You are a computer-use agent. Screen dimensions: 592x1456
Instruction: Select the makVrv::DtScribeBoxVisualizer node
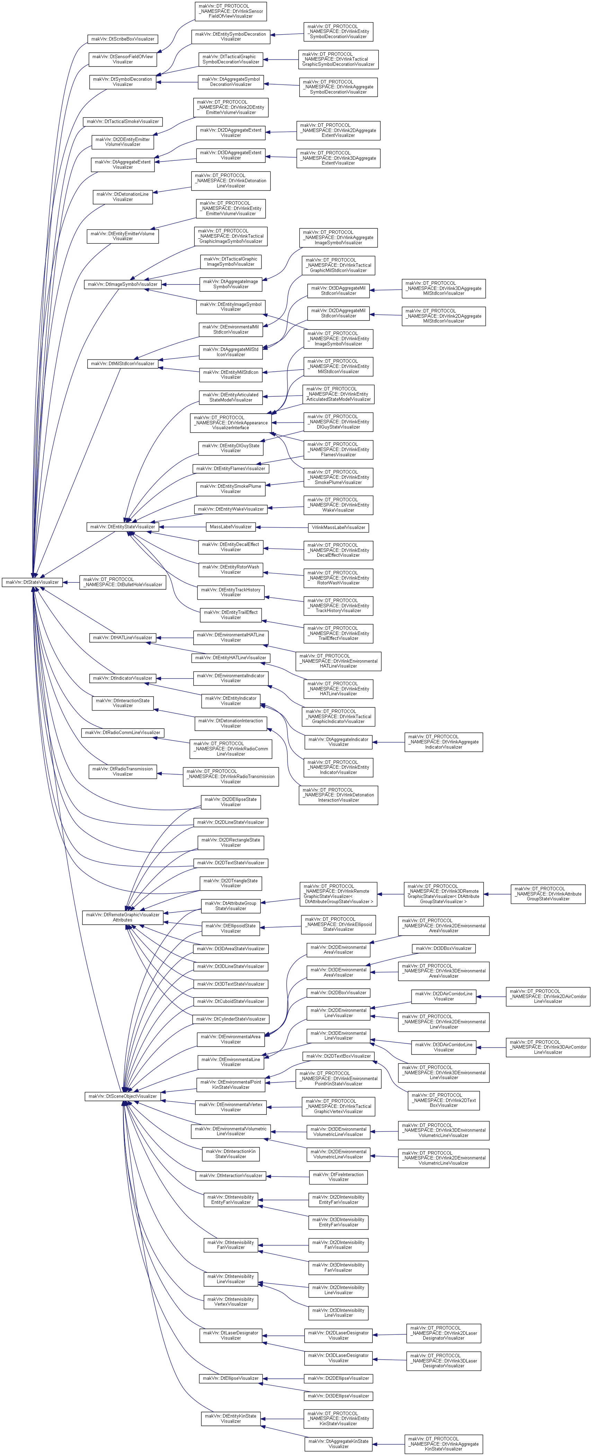click(x=123, y=39)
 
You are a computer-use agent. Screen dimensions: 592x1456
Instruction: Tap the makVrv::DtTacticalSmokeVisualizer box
click(x=123, y=122)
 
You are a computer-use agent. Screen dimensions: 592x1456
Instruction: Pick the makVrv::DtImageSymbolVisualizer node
click(x=123, y=284)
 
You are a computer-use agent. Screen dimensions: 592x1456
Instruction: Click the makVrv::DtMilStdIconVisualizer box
click(x=123, y=363)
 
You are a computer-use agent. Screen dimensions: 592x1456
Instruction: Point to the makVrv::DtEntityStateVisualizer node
click(x=123, y=527)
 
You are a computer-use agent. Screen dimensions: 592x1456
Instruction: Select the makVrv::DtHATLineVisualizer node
click(x=123, y=637)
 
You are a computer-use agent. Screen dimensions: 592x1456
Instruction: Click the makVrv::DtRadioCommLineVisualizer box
click(x=123, y=733)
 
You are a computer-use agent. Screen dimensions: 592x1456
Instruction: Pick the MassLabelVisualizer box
click(x=231, y=527)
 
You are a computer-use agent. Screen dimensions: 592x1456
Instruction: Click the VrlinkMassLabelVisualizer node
click(x=338, y=527)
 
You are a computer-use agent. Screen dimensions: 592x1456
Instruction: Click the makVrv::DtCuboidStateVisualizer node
click(x=231, y=1001)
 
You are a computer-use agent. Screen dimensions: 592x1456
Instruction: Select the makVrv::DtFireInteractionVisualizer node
click(x=338, y=1177)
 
